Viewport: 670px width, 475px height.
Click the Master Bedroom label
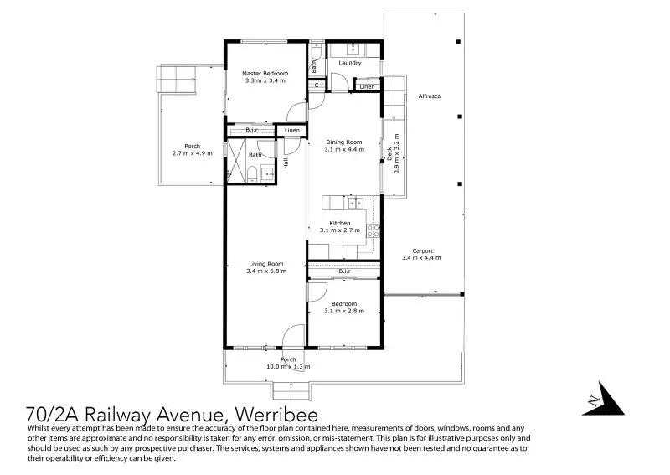265,74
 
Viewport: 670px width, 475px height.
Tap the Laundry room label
349,63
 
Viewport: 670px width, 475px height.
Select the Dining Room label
344,142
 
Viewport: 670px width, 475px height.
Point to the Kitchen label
340,223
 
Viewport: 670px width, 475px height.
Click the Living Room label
265,264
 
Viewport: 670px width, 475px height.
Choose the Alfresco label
430,96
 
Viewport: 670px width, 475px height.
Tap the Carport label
422,251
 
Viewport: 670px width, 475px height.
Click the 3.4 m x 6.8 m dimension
266,271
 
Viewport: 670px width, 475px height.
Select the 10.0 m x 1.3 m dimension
288,366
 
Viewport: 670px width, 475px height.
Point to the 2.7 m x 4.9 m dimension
193,153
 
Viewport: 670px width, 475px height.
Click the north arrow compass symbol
604,400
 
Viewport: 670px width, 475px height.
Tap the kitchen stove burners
373,231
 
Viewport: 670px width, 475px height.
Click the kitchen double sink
355,203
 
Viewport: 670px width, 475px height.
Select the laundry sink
353,50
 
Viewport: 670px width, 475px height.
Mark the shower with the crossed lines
235,161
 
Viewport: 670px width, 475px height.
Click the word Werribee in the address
276,415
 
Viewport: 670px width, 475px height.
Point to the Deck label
389,153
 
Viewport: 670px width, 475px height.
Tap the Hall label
286,163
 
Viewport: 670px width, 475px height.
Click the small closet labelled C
317,85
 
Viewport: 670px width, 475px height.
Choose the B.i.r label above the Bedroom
344,271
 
